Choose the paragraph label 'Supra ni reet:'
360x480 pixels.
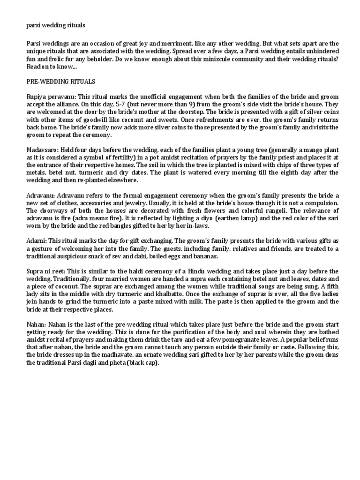tap(46, 271)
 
